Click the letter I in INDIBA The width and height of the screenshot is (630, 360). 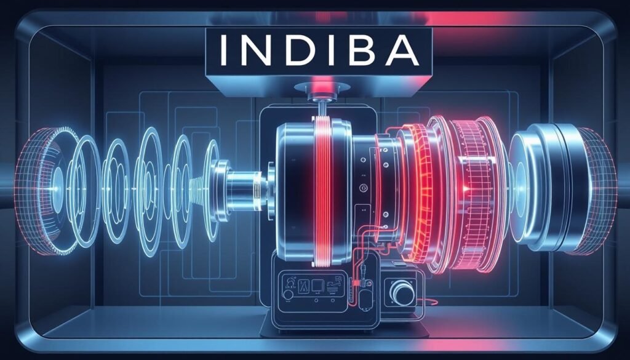coord(223,51)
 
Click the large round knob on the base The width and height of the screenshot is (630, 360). coord(402,292)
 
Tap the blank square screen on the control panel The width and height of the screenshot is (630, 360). coord(317,286)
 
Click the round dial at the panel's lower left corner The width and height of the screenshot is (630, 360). coord(287,295)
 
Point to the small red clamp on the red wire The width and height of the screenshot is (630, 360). coord(355,283)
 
